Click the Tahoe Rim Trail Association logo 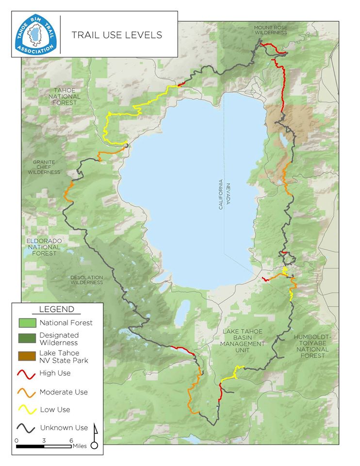[36, 34]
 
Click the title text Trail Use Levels [117, 35]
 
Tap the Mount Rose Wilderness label [270, 30]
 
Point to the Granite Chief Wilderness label [44, 167]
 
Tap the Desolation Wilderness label [87, 280]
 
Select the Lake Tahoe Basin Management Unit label [243, 338]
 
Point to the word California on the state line [220, 194]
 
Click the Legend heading [56, 309]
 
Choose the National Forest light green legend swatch [27, 322]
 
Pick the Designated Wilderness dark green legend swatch [27, 338]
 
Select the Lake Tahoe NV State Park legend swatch [27, 357]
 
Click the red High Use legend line [27, 374]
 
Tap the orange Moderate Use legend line [27, 392]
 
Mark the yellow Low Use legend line [27, 410]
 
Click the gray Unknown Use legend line [27, 428]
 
